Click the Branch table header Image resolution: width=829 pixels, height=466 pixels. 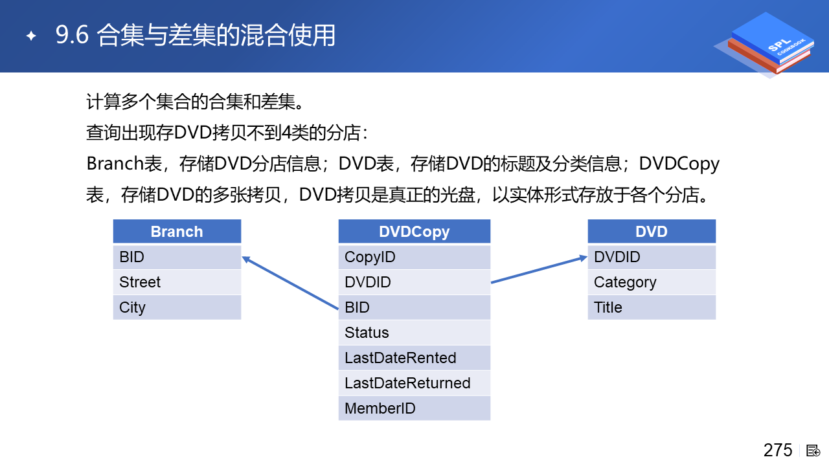(177, 232)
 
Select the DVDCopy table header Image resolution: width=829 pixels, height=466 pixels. (414, 232)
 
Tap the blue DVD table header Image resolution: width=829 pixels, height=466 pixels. (652, 232)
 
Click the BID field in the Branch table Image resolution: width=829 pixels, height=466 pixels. (177, 257)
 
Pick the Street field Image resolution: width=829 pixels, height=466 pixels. (177, 282)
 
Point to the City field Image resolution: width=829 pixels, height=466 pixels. (177, 307)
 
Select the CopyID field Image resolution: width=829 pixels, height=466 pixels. (414, 257)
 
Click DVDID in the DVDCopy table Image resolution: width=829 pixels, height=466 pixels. (414, 282)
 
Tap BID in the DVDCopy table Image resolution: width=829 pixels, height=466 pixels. (414, 307)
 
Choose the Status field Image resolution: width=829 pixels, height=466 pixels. (414, 333)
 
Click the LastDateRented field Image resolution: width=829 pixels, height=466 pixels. (414, 358)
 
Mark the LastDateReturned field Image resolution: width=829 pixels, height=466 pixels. (414, 383)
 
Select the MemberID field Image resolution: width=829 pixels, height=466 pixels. (414, 408)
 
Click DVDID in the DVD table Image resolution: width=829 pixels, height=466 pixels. (652, 257)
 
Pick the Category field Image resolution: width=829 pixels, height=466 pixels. (652, 282)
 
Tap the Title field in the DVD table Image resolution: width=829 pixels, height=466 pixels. (652, 307)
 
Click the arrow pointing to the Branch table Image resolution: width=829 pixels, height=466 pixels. (290, 283)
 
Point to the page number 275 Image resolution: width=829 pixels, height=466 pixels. (778, 450)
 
